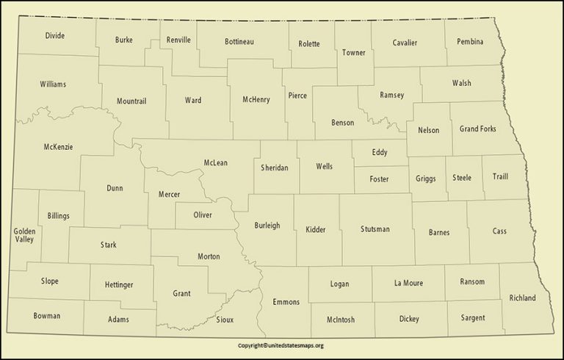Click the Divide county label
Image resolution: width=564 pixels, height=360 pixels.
point(54,35)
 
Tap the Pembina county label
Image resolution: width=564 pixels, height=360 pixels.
point(469,41)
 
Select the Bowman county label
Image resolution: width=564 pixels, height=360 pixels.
point(47,316)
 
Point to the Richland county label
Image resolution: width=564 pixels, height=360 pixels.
point(521,298)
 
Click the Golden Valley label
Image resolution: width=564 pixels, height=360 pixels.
point(24,235)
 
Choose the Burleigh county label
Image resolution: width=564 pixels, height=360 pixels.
point(267,225)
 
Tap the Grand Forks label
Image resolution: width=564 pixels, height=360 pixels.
point(477,129)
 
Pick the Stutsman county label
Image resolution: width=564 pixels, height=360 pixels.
point(375,230)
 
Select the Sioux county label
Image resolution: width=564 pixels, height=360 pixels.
point(226,320)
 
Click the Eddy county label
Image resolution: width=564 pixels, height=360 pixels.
point(379,152)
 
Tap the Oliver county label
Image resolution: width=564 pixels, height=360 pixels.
point(203,215)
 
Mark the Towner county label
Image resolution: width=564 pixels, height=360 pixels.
point(353,52)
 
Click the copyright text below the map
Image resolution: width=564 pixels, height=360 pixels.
point(281,345)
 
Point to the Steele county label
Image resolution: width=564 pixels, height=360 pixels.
point(462,177)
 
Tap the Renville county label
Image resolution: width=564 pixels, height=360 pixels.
point(178,39)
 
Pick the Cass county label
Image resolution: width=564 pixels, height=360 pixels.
point(499,231)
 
